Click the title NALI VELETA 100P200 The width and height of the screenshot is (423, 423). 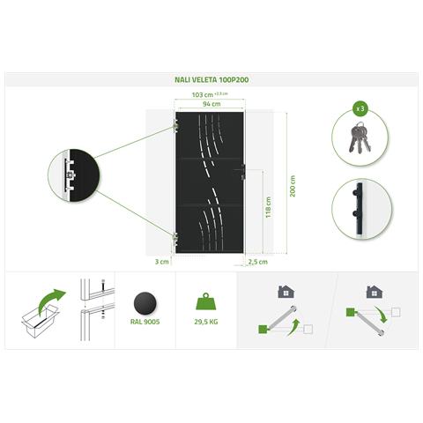click(211, 79)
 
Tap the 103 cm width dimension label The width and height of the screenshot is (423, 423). click(203, 95)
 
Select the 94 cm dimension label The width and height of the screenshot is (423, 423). click(211, 104)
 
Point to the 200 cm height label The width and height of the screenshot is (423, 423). click(293, 186)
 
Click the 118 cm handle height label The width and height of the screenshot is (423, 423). click(268, 207)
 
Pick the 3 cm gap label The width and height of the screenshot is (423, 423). click(162, 262)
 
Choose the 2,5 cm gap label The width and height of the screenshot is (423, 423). click(258, 262)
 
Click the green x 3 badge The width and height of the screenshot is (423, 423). click(360, 108)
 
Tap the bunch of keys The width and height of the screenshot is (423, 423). click(360, 137)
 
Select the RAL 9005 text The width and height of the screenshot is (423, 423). click(145, 322)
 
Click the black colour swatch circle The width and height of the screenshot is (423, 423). click(145, 304)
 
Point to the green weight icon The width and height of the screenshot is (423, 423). click(205, 301)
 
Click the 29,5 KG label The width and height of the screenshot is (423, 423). click(206, 322)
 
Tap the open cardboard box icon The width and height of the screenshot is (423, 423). click(41, 321)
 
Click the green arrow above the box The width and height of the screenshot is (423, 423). click(51, 301)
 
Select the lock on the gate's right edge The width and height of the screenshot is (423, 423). click(242, 172)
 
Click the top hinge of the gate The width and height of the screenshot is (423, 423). click(175, 125)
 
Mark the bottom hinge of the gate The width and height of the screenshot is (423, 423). click(175, 237)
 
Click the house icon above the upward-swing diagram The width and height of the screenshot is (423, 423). click(286, 292)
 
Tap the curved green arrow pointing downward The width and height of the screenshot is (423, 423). click(381, 315)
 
